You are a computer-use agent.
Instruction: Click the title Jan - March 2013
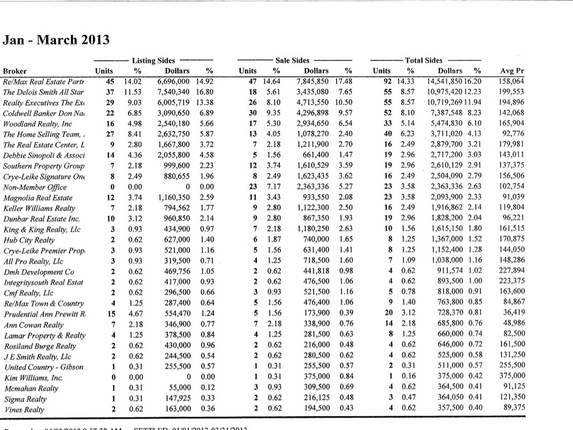click(x=56, y=40)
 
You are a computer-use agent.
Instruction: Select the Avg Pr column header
click(x=511, y=71)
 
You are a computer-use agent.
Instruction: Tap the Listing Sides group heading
click(x=153, y=60)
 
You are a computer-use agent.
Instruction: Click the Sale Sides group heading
click(x=292, y=60)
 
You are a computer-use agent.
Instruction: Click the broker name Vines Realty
click(x=25, y=409)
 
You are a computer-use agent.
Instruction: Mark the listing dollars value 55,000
click(x=184, y=388)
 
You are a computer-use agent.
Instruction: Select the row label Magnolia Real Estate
click(x=37, y=197)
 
